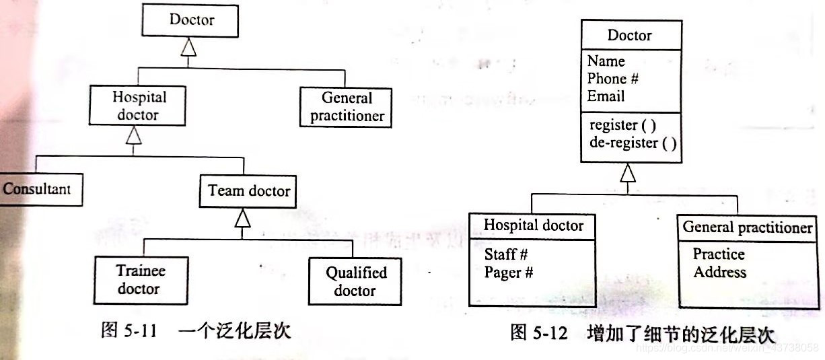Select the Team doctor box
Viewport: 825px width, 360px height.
coord(248,190)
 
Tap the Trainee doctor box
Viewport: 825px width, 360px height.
coord(140,280)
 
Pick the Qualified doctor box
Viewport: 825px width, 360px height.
coord(356,281)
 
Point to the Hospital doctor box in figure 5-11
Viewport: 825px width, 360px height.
coord(138,106)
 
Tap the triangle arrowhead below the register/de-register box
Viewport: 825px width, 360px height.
coord(628,174)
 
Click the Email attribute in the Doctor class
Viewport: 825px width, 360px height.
coord(606,96)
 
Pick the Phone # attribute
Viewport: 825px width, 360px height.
coord(612,79)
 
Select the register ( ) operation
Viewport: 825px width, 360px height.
coord(622,124)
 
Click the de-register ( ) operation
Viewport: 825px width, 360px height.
coord(633,143)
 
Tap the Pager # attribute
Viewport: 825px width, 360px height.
coord(508,273)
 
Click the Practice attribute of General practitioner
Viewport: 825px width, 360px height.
coord(719,254)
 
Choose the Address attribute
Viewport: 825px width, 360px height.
coord(719,273)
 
